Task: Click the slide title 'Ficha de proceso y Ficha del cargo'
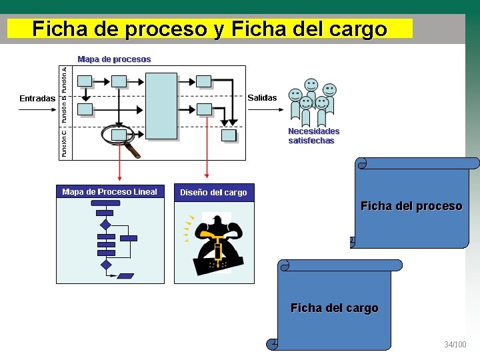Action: click(x=209, y=29)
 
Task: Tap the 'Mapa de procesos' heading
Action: click(x=114, y=59)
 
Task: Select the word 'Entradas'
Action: click(x=37, y=99)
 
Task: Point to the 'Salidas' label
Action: click(x=262, y=98)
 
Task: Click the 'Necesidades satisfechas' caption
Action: click(x=313, y=136)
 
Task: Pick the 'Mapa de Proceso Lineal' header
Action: click(x=109, y=192)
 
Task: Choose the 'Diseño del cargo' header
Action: click(x=213, y=193)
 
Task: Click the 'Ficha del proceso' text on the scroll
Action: click(x=411, y=206)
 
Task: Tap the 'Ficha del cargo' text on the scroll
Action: click(x=334, y=308)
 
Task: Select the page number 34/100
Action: click(x=455, y=345)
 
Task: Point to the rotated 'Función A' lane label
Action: click(x=64, y=79)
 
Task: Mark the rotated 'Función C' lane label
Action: click(x=64, y=143)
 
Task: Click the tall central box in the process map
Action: click(x=161, y=106)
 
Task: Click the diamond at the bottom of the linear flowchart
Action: click(x=106, y=265)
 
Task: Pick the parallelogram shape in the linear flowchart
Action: click(x=125, y=275)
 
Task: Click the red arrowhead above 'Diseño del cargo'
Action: click(x=207, y=178)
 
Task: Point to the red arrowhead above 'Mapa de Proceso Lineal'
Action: click(x=119, y=178)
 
